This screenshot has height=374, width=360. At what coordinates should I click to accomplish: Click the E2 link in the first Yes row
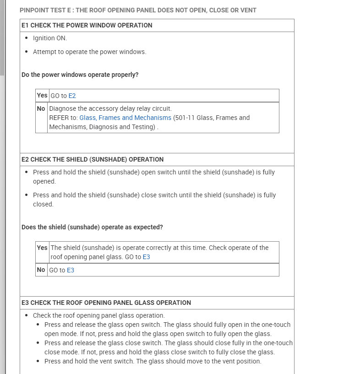(x=72, y=96)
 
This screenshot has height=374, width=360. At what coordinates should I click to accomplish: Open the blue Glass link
(x=87, y=118)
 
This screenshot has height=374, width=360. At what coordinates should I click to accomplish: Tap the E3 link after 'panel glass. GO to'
(x=146, y=257)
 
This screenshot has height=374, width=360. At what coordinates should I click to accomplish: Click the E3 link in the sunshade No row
(x=71, y=270)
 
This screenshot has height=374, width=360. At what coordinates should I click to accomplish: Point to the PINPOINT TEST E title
(x=138, y=10)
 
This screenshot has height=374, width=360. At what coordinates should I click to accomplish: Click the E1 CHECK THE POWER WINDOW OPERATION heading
(x=87, y=25)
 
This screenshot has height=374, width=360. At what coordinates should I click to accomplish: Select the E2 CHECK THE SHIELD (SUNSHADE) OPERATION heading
(x=93, y=159)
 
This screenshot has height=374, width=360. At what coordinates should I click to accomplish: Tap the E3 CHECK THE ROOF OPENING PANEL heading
(x=106, y=303)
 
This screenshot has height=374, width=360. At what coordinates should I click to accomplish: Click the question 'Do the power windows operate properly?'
(x=80, y=75)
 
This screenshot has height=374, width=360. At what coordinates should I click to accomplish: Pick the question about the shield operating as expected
(x=93, y=227)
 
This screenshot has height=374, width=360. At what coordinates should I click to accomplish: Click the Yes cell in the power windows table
(x=42, y=95)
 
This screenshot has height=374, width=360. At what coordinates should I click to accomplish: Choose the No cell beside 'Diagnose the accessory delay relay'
(x=41, y=108)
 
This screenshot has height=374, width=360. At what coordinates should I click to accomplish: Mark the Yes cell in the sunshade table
(x=42, y=248)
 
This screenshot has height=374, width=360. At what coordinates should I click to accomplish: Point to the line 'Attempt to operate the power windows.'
(x=90, y=52)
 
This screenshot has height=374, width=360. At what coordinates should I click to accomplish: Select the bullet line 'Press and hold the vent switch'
(x=153, y=361)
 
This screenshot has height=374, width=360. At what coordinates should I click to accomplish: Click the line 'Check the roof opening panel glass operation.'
(x=98, y=315)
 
